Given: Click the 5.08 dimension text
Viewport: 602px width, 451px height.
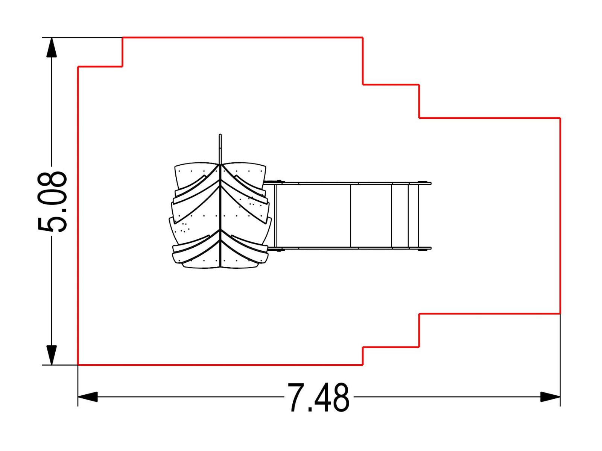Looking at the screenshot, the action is pyautogui.click(x=52, y=202).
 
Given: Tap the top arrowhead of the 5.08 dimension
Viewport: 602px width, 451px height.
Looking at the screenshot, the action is pyautogui.click(x=52, y=47).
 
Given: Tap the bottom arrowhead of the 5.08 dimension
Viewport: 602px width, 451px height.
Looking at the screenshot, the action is pyautogui.click(x=52, y=355).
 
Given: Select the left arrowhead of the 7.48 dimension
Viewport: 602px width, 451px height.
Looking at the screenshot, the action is pyautogui.click(x=88, y=397).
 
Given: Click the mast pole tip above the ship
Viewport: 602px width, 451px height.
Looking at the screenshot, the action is pyautogui.click(x=220, y=135).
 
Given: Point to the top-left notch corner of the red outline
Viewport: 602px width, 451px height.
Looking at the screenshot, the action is pyautogui.click(x=122, y=66).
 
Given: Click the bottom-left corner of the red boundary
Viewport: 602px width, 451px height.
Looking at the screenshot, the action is pyautogui.click(x=78, y=365).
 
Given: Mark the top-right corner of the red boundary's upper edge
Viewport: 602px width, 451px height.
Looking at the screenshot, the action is pyautogui.click(x=363, y=37).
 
